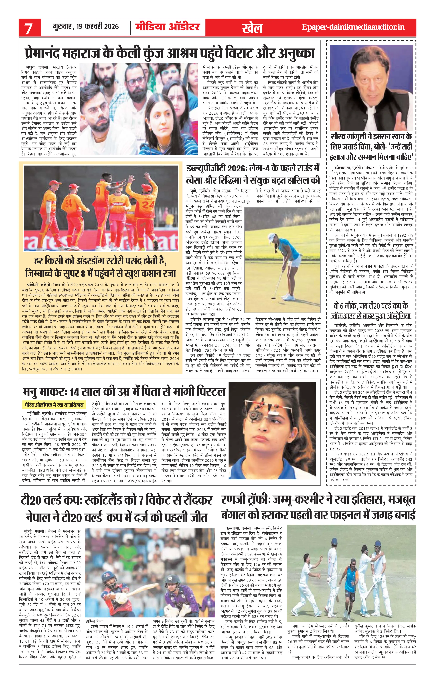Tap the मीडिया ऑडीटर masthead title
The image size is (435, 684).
pyautogui.click(x=167, y=27)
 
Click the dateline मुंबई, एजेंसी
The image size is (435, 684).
pyautogui.click(x=35, y=531)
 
